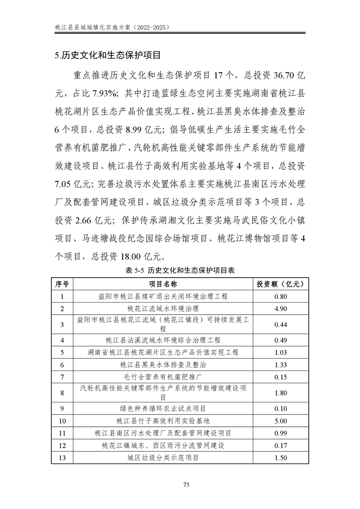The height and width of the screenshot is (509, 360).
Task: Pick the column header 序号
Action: coord(63,284)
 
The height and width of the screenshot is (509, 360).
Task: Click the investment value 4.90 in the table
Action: coord(281,308)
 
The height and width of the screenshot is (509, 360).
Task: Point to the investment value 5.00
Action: coord(281,421)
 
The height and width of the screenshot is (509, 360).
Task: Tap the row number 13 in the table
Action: coord(63,458)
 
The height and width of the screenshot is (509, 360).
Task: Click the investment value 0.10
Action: coord(281,408)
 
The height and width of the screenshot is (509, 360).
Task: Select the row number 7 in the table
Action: coord(63,377)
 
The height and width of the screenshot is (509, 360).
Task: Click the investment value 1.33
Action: coord(281,364)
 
